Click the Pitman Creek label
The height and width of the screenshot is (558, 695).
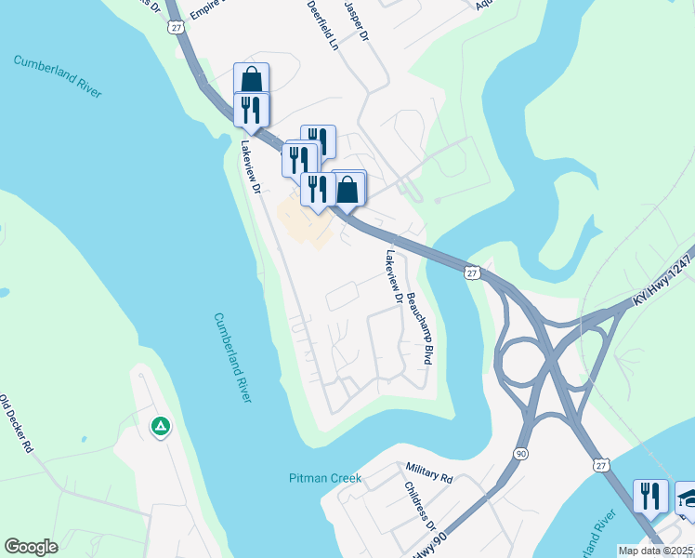pyautogui.click(x=323, y=479)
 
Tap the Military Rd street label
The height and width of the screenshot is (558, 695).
pyautogui.click(x=429, y=472)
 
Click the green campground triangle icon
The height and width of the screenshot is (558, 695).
pyautogui.click(x=160, y=427)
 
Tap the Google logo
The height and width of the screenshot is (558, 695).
pyautogui.click(x=31, y=547)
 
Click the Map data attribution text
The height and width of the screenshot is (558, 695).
pyautogui.click(x=656, y=551)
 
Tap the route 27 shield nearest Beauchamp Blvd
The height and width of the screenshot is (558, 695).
pyautogui.click(x=471, y=272)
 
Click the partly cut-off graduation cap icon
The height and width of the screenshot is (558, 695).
pyautogui.click(x=686, y=497)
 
